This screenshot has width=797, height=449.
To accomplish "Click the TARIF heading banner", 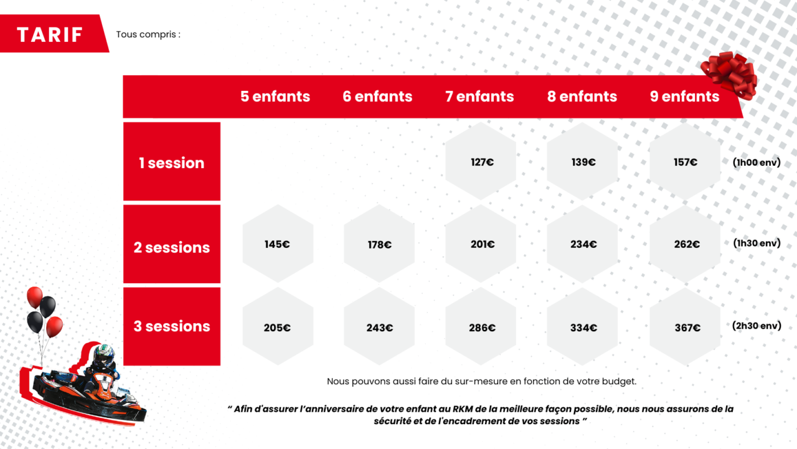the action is [54, 34].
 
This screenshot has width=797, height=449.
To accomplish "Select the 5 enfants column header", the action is [275, 97].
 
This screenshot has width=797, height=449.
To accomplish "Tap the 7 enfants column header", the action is [479, 97].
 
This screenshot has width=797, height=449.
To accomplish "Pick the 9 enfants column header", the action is [684, 97].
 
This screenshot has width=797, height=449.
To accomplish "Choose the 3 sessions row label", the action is [172, 326].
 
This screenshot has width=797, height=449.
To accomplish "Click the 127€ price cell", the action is [481, 161].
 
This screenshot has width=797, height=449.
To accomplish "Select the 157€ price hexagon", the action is [685, 161].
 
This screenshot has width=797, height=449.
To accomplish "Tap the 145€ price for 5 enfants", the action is [278, 243].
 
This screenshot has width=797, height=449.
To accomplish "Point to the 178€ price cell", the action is [379, 243].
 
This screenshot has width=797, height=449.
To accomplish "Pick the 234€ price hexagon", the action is [582, 243].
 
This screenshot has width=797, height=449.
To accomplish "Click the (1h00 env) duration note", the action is [757, 163].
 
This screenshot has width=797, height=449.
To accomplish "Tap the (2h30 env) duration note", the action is [757, 326].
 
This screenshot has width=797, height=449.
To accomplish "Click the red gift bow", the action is [729, 75].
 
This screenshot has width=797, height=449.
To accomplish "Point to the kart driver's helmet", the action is [103, 354].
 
